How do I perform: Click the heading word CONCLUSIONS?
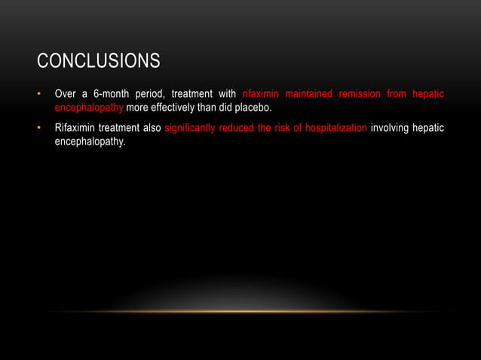click(x=98, y=60)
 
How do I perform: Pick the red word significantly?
click(x=191, y=128)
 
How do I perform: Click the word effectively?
click(x=178, y=108)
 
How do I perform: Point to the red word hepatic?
click(x=428, y=94)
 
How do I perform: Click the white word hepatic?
click(x=428, y=128)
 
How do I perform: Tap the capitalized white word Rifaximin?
click(x=74, y=128)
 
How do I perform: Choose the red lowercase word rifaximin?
click(x=260, y=94)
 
